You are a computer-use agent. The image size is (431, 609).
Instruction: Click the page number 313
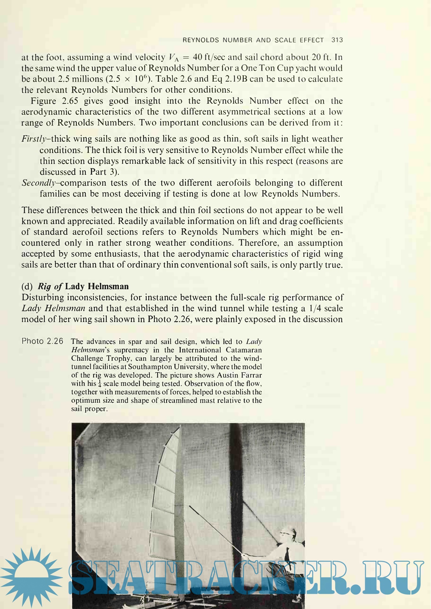click(x=337, y=40)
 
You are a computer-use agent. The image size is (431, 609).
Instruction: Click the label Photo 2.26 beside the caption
click(x=42, y=341)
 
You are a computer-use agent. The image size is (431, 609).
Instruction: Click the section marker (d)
click(x=27, y=286)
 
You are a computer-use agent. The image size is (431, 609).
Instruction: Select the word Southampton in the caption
click(x=147, y=367)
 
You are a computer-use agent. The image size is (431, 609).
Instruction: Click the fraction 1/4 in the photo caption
click(x=100, y=384)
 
